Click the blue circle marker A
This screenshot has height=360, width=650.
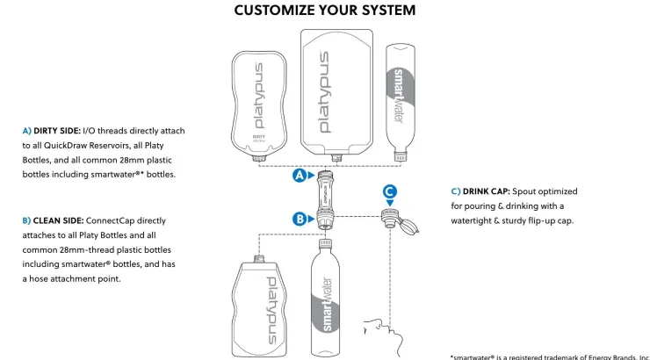(300, 175)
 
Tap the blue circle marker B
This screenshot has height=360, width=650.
(300, 219)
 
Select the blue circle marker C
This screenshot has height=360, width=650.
(390, 191)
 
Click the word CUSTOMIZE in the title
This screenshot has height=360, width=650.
(276, 11)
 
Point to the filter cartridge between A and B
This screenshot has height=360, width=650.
(325, 197)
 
